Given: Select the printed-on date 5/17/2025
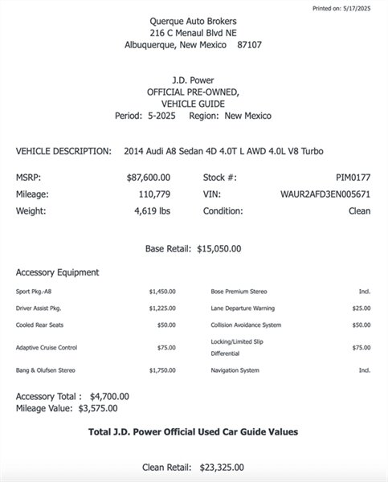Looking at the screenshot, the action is [363, 7].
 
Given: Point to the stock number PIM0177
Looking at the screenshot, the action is [353, 177].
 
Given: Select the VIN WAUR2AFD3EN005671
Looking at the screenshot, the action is [325, 194].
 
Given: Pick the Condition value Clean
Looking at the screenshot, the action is [359, 211].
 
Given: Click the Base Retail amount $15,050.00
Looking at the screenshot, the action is [219, 249].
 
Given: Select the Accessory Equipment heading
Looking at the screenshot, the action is [57, 272].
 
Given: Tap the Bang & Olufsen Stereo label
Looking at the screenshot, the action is [47, 370].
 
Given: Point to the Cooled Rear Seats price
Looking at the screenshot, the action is [165, 325].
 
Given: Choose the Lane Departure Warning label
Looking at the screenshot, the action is [243, 308].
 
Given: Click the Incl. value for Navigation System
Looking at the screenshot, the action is [364, 370].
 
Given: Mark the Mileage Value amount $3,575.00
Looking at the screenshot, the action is [100, 407].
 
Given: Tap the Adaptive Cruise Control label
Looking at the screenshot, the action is [47, 348].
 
